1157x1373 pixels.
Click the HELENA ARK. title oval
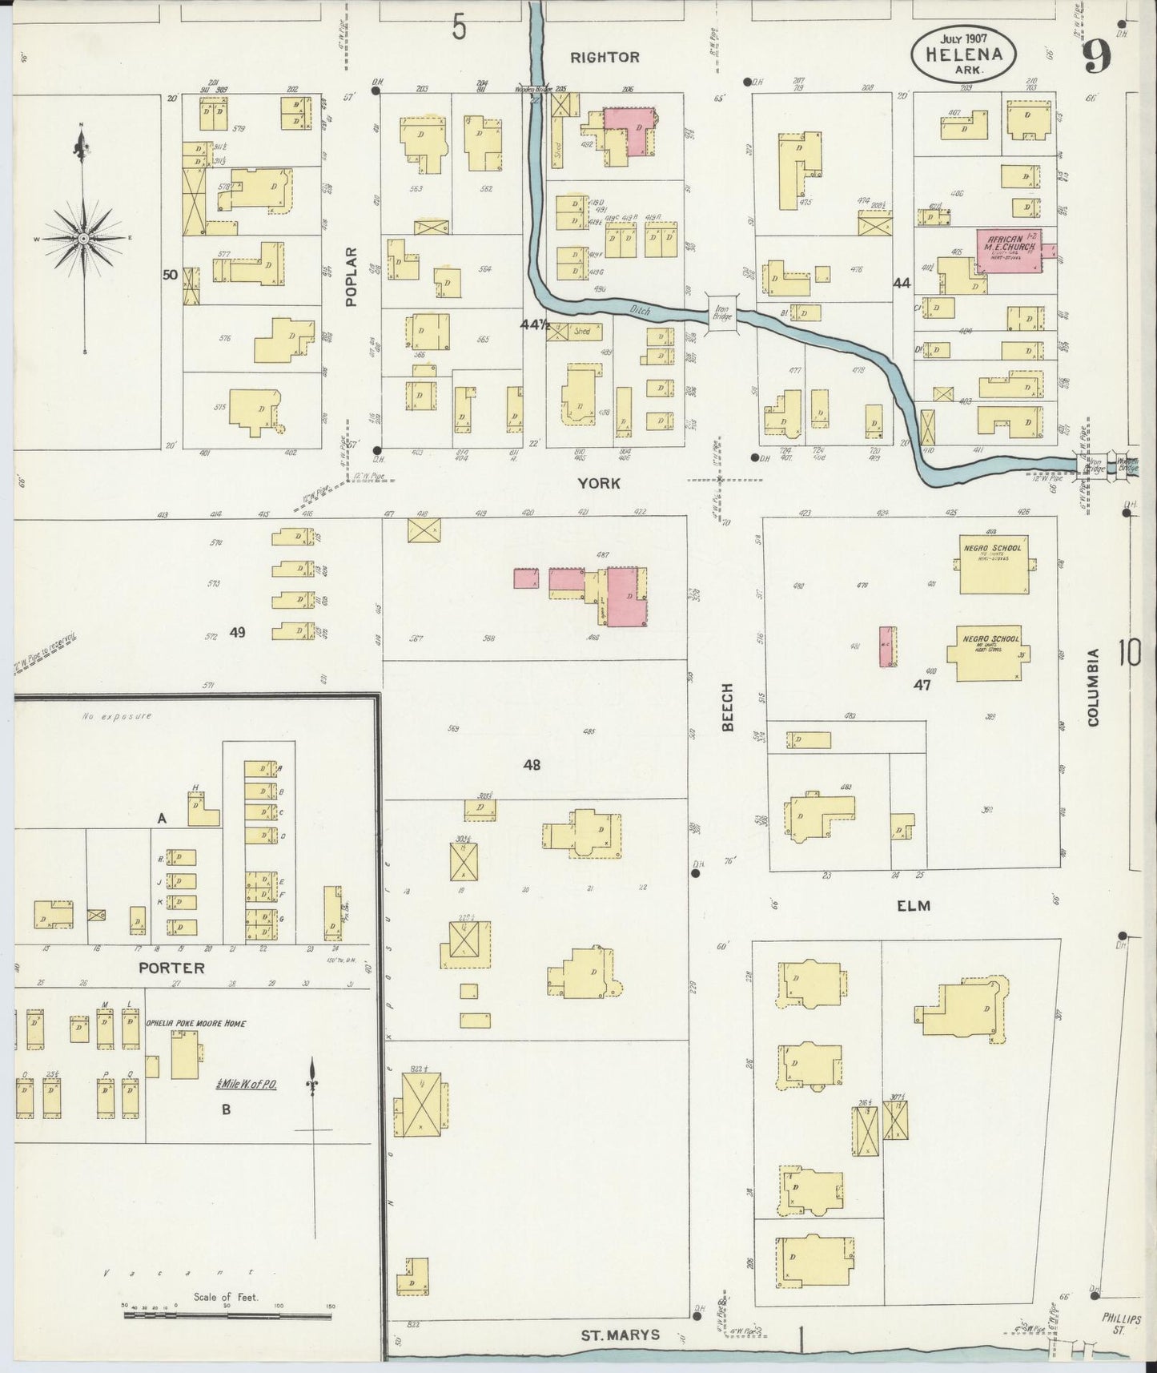tap(964, 54)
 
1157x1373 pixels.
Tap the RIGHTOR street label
tap(605, 57)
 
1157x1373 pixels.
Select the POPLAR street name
tap(351, 276)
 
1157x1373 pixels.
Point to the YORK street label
tap(600, 483)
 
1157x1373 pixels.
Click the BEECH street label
tap(728, 707)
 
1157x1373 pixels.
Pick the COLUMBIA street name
tap(1093, 687)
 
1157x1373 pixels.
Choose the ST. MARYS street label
tap(621, 1335)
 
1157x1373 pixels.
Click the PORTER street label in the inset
tap(171, 968)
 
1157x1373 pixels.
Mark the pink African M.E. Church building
tap(1008, 252)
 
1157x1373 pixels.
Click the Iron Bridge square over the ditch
tap(722, 310)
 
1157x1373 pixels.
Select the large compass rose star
tap(83, 239)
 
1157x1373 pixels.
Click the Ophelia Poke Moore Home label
tap(195, 1023)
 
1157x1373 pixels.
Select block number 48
tap(532, 765)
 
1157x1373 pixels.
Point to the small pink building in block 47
tap(887, 646)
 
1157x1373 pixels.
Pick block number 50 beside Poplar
tap(170, 275)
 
